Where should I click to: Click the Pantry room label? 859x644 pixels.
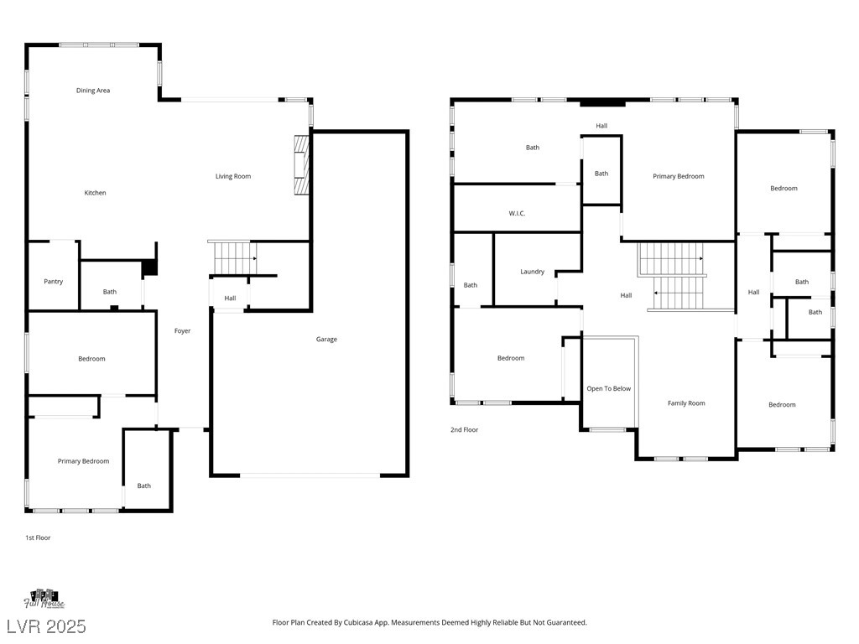53,282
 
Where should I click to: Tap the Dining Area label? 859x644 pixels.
93,91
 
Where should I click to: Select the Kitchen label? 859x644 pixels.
96,193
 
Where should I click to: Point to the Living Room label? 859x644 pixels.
233,176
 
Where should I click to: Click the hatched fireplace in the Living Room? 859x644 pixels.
301,165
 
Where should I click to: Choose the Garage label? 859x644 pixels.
326,340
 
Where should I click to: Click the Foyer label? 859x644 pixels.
182,330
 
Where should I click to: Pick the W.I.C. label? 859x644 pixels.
517,214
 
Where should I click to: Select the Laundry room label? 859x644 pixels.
533,272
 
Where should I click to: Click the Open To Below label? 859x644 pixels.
609,389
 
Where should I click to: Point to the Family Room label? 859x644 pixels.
686,403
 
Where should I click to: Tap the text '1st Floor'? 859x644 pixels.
38,538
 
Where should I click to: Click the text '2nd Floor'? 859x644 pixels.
464,430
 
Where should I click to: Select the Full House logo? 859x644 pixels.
44,599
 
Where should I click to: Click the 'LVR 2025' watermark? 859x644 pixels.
47,626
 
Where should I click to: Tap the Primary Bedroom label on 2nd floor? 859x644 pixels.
678,176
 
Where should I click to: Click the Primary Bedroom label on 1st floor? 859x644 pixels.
83,461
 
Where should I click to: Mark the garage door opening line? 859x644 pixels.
310,475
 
